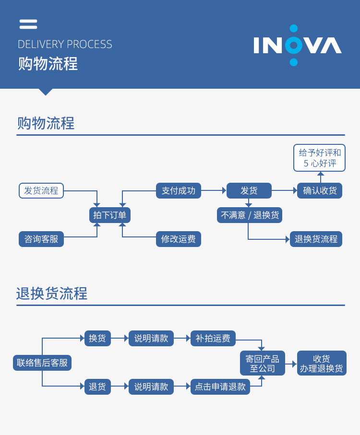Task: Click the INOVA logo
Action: pyautogui.click(x=298, y=46)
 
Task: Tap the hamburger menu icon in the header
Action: pyautogui.click(x=28, y=24)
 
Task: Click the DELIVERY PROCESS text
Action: pyautogui.click(x=65, y=45)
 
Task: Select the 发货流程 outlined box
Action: pyautogui.click(x=41, y=190)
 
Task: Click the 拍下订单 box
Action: pyautogui.click(x=110, y=215)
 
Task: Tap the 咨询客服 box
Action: pyautogui.click(x=41, y=239)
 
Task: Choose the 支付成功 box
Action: pyautogui.click(x=179, y=190)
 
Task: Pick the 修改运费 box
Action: pyautogui.click(x=179, y=239)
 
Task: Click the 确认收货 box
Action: pyautogui.click(x=320, y=190)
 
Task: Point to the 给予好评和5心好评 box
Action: pyautogui.click(x=320, y=158)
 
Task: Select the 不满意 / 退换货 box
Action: pyautogui.click(x=250, y=215)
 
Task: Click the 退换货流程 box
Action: pyautogui.click(x=316, y=239)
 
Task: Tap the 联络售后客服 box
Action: pyautogui.click(x=42, y=363)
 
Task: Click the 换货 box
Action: pyautogui.click(x=97, y=338)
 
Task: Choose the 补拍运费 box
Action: pyautogui.click(x=213, y=338)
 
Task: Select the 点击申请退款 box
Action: pyautogui.click(x=220, y=387)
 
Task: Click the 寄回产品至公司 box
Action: pyautogui.click(x=263, y=363)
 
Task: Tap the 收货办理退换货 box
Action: pyautogui.click(x=322, y=363)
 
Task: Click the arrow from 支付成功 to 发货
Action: pyautogui.click(x=214, y=190)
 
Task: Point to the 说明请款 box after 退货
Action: pyautogui.click(x=151, y=387)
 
